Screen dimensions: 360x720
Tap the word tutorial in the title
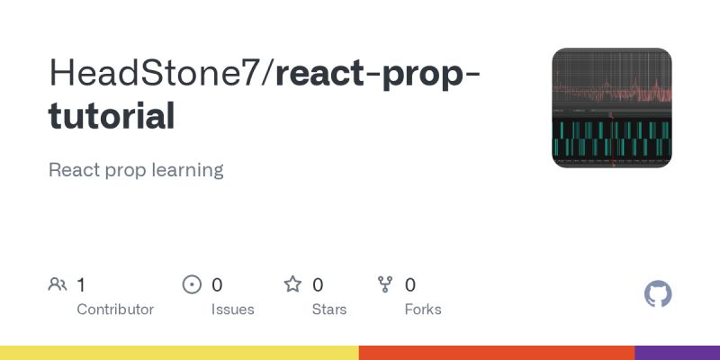point(112,116)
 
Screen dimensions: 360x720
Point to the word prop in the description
point(126,170)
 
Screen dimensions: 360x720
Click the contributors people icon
point(58,285)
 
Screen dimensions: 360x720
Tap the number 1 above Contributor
point(81,285)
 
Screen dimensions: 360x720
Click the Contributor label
point(115,309)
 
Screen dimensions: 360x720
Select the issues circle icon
point(192,285)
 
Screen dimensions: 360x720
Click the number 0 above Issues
point(217,285)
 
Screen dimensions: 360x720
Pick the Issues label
point(232,309)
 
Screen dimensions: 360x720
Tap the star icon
point(292,285)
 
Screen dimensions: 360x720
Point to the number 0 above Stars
point(318,285)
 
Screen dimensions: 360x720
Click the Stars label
point(329,309)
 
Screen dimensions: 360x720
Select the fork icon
point(385,285)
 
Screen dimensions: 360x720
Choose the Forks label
point(423,309)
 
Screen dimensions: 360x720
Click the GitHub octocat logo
point(659,294)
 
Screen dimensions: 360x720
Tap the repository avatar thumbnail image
point(612,108)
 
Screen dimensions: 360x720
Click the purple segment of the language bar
point(677,353)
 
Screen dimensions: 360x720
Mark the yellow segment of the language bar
point(179,353)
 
